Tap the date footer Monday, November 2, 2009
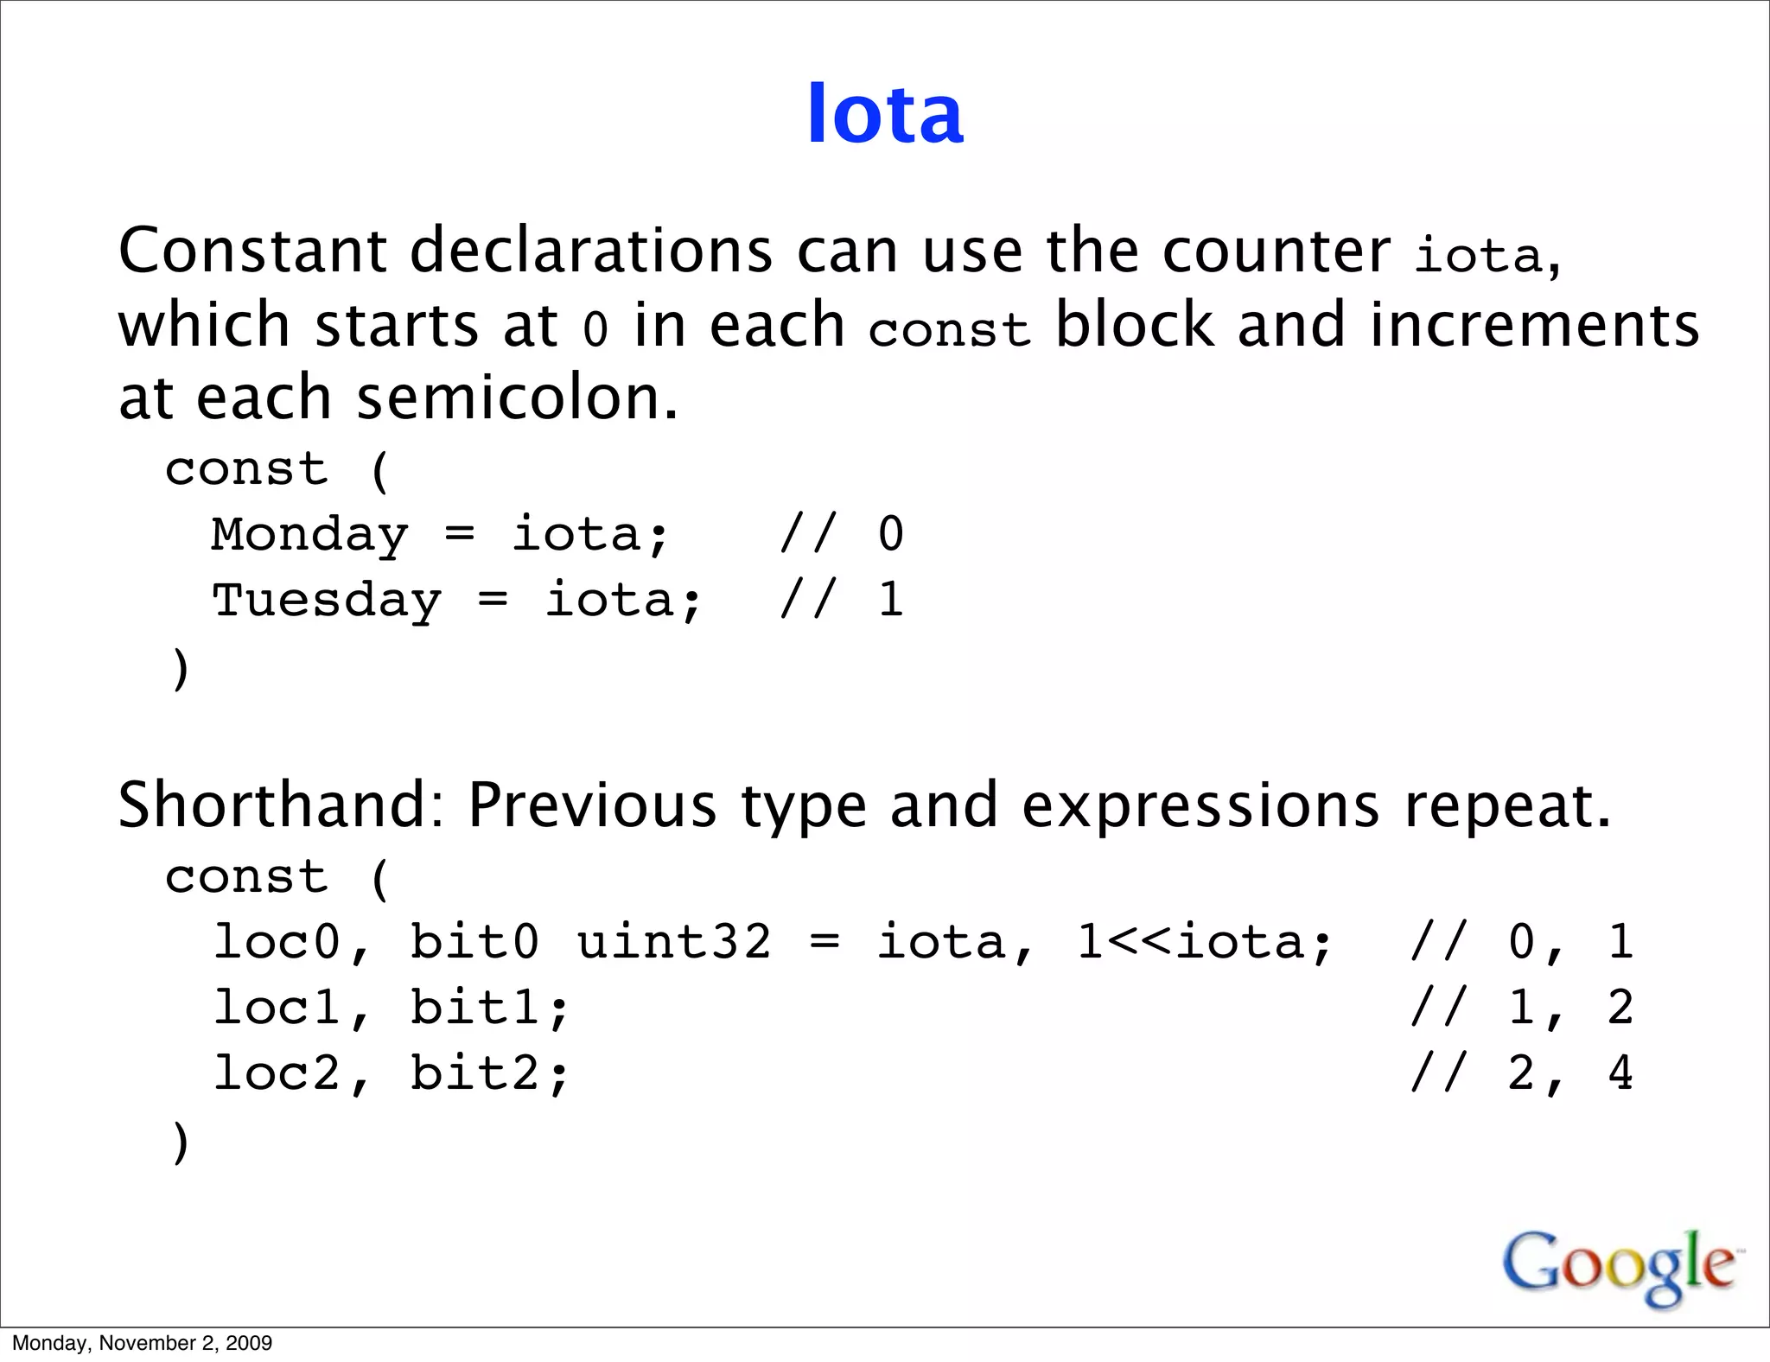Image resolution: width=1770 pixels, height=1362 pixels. tap(142, 1343)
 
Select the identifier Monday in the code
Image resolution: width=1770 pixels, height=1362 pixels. tap(309, 535)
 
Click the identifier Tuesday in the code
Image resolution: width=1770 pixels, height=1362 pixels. tap(327, 601)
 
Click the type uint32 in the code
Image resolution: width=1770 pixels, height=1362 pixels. tap(673, 941)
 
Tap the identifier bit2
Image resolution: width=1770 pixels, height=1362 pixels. tap(474, 1073)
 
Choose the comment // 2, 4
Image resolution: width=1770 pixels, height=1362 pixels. tap(1521, 1073)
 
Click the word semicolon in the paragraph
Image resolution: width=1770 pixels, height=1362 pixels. tap(517, 399)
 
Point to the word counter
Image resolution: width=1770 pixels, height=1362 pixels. tap(1276, 252)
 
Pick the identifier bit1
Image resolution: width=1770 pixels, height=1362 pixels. tap(474, 1008)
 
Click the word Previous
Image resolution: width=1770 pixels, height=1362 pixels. tap(592, 805)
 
